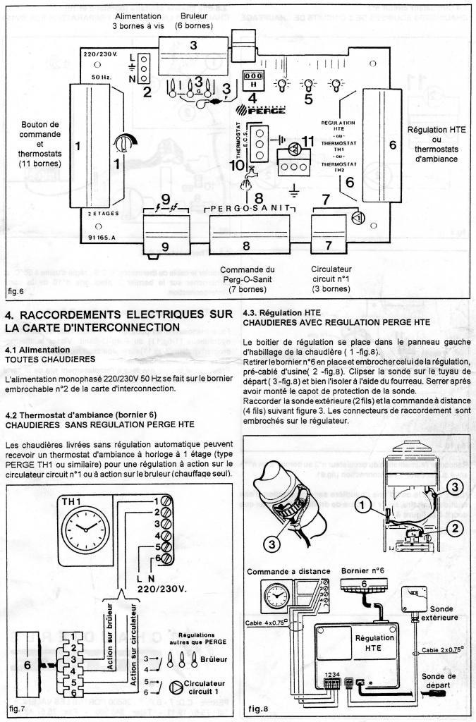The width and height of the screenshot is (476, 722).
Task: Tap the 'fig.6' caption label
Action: tap(16, 290)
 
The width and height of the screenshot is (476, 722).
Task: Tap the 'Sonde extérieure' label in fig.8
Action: tap(436, 613)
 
